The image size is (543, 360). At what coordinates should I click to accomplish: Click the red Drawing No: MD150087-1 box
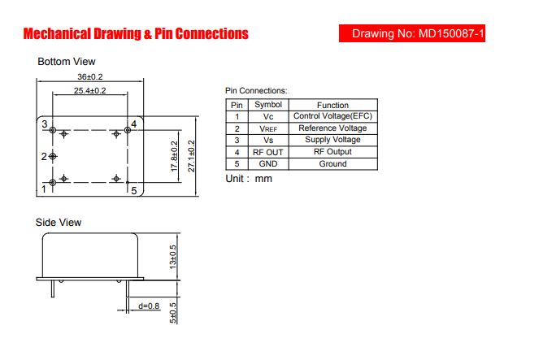[412, 33]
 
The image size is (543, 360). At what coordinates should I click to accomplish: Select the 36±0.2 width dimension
[90, 76]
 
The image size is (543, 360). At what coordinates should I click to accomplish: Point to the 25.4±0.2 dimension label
[89, 91]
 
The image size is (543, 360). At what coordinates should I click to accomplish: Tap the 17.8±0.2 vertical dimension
[174, 156]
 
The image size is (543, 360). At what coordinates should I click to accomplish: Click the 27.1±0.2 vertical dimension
[191, 156]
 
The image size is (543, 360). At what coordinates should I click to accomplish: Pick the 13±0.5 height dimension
[172, 257]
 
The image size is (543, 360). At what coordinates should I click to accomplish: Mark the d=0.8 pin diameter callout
[149, 306]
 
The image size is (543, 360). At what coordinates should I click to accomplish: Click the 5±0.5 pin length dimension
[172, 313]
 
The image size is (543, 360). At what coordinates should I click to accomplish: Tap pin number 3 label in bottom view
[45, 124]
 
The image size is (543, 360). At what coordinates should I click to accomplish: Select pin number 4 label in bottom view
[133, 124]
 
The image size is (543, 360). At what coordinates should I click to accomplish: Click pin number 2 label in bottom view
[44, 157]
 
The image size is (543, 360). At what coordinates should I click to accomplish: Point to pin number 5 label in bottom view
[134, 191]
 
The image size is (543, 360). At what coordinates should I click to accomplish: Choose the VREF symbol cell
[268, 128]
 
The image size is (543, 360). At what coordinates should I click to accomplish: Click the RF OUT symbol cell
[268, 152]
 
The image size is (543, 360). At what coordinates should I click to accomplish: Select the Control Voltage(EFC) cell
[332, 116]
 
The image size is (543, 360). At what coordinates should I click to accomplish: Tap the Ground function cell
[332, 163]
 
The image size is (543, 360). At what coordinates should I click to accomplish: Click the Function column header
[332, 105]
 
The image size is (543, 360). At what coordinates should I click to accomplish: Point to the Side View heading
[59, 222]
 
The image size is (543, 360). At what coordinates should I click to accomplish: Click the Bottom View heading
[67, 62]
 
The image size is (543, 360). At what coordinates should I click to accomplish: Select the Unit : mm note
[249, 179]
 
